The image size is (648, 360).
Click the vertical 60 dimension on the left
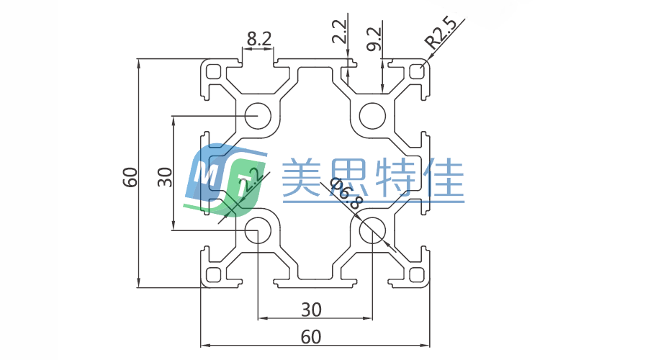(130, 177)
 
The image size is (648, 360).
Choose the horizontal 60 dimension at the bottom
(311, 336)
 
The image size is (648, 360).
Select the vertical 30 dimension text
(165, 177)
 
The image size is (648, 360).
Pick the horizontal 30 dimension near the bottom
(311, 310)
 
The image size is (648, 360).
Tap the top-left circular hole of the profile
(257, 115)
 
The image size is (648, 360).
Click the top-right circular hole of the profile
(372, 115)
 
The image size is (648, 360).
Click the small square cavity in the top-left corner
(214, 72)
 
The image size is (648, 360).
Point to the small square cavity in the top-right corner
(415, 72)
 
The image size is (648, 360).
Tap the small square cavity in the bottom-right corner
(415, 274)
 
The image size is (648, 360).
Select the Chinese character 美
(302, 179)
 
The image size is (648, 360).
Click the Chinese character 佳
(446, 179)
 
